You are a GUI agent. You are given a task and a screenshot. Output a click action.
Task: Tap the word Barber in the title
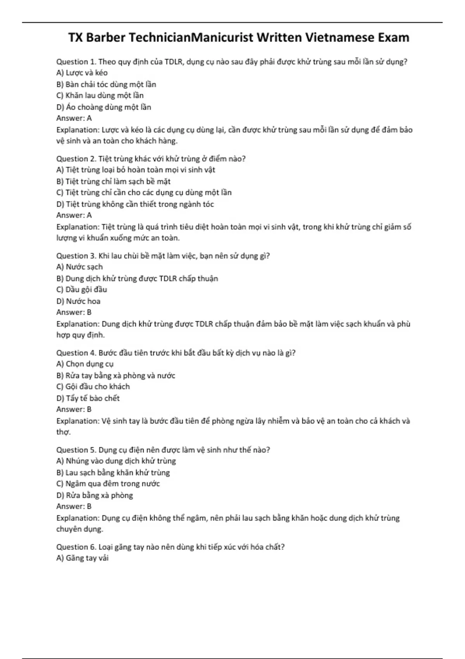pos(106,38)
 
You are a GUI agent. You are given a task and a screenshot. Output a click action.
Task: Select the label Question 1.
pos(76,62)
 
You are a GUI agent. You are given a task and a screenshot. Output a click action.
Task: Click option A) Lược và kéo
pos(82,73)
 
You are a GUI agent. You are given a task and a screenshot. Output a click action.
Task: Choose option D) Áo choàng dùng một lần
pos(103,107)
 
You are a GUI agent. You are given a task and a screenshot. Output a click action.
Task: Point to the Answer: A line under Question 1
pos(74,118)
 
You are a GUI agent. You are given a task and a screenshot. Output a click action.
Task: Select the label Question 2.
pos(76,159)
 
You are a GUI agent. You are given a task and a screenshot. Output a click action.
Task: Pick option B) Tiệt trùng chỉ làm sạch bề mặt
pos(113,181)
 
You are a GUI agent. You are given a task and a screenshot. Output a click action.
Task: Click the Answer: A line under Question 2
pos(74,215)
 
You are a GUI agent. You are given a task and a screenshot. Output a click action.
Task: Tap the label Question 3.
pos(76,256)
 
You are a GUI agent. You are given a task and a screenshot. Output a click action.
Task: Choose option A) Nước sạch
pos(79,267)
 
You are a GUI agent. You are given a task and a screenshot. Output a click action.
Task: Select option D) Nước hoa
pos(78,301)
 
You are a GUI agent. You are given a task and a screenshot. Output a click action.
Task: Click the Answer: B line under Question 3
pos(74,312)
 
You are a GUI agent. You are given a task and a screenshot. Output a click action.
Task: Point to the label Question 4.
pos(76,353)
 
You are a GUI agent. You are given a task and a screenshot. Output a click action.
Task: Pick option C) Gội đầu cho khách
pos(93,386)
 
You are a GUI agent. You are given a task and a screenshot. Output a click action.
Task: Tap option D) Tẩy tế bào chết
pos(88,398)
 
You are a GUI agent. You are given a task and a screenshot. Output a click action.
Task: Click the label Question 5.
pos(76,450)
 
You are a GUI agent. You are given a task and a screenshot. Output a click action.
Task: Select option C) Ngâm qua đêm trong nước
pos(108,484)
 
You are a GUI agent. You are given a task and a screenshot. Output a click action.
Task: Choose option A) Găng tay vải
pos(82,558)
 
